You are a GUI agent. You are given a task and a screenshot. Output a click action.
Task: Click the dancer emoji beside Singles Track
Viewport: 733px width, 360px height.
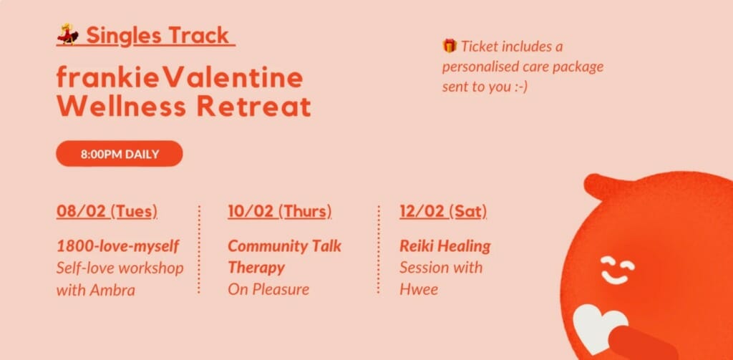tap(68, 34)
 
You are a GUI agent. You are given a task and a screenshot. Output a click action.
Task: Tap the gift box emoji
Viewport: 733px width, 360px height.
tap(450, 46)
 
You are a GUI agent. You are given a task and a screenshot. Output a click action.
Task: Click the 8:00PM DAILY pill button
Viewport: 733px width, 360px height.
tap(120, 154)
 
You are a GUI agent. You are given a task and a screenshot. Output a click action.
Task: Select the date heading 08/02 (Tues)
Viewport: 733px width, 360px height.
tap(107, 211)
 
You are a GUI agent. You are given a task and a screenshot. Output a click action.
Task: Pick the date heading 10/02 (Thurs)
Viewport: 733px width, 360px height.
tap(280, 211)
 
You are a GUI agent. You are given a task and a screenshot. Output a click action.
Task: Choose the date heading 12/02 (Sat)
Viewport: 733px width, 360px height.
tap(443, 211)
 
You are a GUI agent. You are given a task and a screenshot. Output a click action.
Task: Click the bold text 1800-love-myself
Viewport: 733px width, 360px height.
tap(118, 246)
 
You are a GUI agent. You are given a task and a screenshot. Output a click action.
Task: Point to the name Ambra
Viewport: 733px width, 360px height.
tap(112, 290)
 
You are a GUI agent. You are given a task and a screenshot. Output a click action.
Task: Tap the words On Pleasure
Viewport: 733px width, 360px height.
tap(268, 289)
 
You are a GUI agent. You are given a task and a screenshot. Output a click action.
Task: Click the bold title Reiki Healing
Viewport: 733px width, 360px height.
tap(445, 246)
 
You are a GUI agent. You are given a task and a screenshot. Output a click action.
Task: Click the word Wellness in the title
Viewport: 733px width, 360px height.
tap(121, 107)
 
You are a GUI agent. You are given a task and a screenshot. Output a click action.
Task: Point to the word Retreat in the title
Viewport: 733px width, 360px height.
tap(254, 107)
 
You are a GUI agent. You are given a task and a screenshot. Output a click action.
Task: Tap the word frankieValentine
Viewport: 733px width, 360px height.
tap(180, 77)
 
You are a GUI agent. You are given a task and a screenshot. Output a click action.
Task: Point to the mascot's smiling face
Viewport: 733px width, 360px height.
tap(618, 270)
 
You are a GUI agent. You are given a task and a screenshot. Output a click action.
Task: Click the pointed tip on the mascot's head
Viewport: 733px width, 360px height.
tap(590, 180)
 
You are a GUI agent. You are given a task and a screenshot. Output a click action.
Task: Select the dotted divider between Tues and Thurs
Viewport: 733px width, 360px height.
tap(199, 249)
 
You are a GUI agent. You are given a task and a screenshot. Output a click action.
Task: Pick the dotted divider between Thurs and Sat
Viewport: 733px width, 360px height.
tap(378, 249)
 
